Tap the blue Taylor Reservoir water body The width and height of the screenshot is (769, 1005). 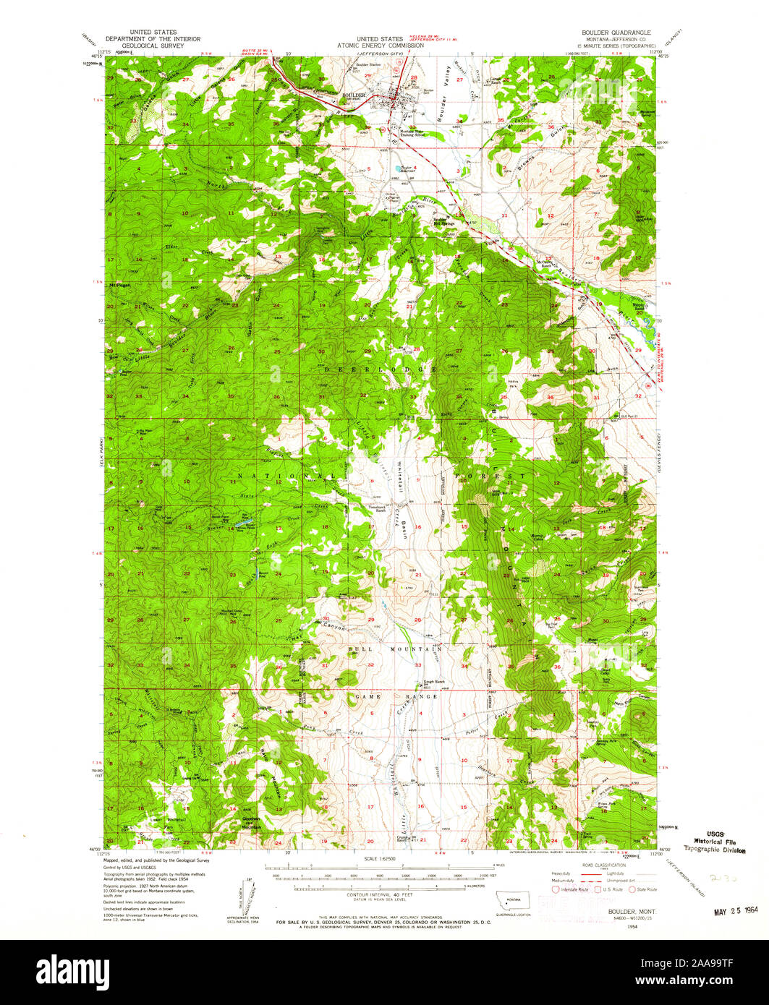click(399, 172)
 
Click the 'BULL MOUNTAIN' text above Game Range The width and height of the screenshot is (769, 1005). click(395, 650)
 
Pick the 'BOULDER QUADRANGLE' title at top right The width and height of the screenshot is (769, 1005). click(615, 33)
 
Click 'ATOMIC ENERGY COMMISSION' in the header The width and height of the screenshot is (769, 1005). click(384, 45)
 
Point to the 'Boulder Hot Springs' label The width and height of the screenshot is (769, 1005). click(443, 221)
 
